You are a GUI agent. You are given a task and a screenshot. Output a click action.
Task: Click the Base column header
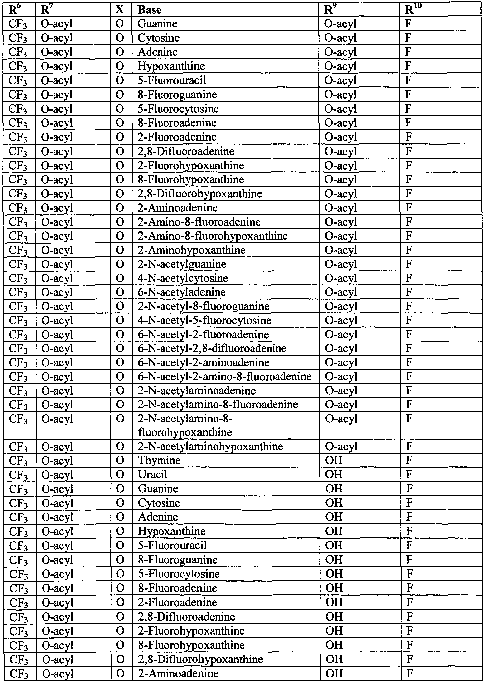click(149, 10)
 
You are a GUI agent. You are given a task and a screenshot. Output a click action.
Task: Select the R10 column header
click(413, 10)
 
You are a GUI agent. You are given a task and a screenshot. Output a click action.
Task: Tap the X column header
click(120, 10)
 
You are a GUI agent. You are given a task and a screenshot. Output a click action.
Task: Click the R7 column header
click(45, 10)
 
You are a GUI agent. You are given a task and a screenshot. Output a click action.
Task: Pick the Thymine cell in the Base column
click(159, 460)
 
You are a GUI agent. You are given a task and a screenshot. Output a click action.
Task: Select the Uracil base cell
click(152, 474)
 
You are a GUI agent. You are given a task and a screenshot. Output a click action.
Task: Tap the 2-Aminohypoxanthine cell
click(191, 250)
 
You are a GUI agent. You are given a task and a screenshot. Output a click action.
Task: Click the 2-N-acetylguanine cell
click(182, 264)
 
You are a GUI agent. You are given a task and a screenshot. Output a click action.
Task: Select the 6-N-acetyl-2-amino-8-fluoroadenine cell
click(224, 376)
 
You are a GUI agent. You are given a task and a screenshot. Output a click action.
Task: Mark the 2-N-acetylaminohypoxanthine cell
click(210, 446)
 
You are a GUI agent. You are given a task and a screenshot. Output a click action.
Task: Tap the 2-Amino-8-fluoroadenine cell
click(199, 222)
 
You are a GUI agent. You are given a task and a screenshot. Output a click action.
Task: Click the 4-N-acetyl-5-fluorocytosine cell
click(205, 320)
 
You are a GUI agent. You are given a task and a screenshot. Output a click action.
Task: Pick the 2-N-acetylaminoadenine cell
click(197, 391)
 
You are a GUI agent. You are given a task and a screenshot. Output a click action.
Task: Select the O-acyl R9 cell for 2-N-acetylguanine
click(341, 264)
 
